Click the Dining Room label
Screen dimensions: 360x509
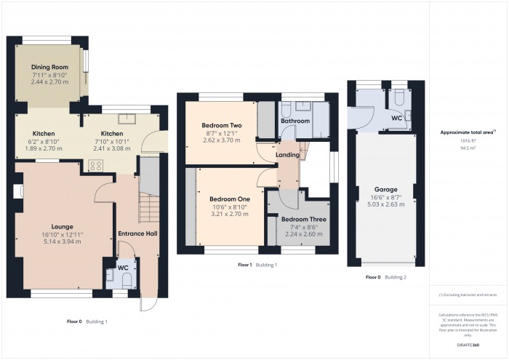tap(50, 67)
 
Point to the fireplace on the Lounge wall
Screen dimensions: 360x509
tap(18, 192)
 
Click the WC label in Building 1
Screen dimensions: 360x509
tap(124, 268)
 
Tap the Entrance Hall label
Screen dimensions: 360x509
tap(138, 233)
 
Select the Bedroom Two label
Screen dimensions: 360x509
tap(222, 126)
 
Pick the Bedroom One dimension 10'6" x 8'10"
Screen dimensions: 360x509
tap(230, 207)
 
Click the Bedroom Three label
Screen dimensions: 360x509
tap(304, 219)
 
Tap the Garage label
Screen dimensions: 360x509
tap(385, 189)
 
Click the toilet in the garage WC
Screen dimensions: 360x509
tap(400, 99)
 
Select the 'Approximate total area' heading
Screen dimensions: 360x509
tap(468, 132)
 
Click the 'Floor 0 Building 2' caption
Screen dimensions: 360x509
tap(385, 277)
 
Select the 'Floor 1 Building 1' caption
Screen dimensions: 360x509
tap(257, 265)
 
